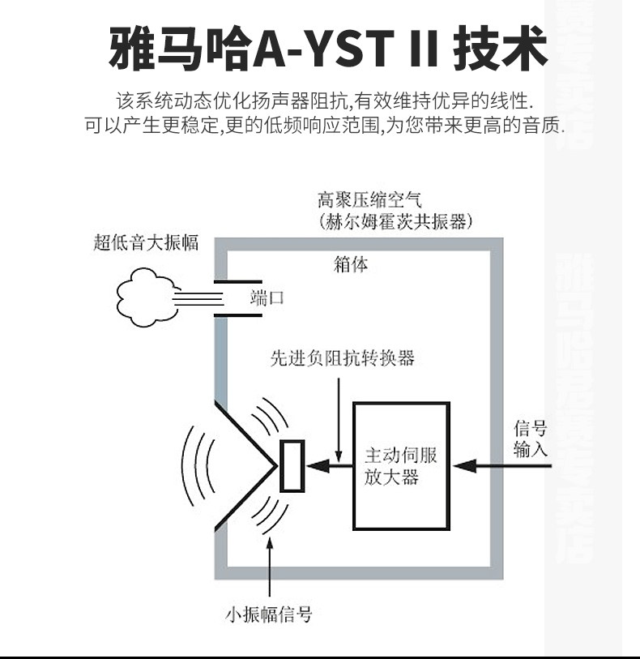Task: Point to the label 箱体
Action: (x=351, y=264)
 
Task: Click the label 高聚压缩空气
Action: (x=369, y=199)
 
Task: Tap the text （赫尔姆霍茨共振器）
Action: (x=396, y=221)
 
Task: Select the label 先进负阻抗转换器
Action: (x=342, y=358)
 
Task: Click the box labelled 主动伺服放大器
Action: (x=401, y=465)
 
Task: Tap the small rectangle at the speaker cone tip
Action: (x=292, y=466)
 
